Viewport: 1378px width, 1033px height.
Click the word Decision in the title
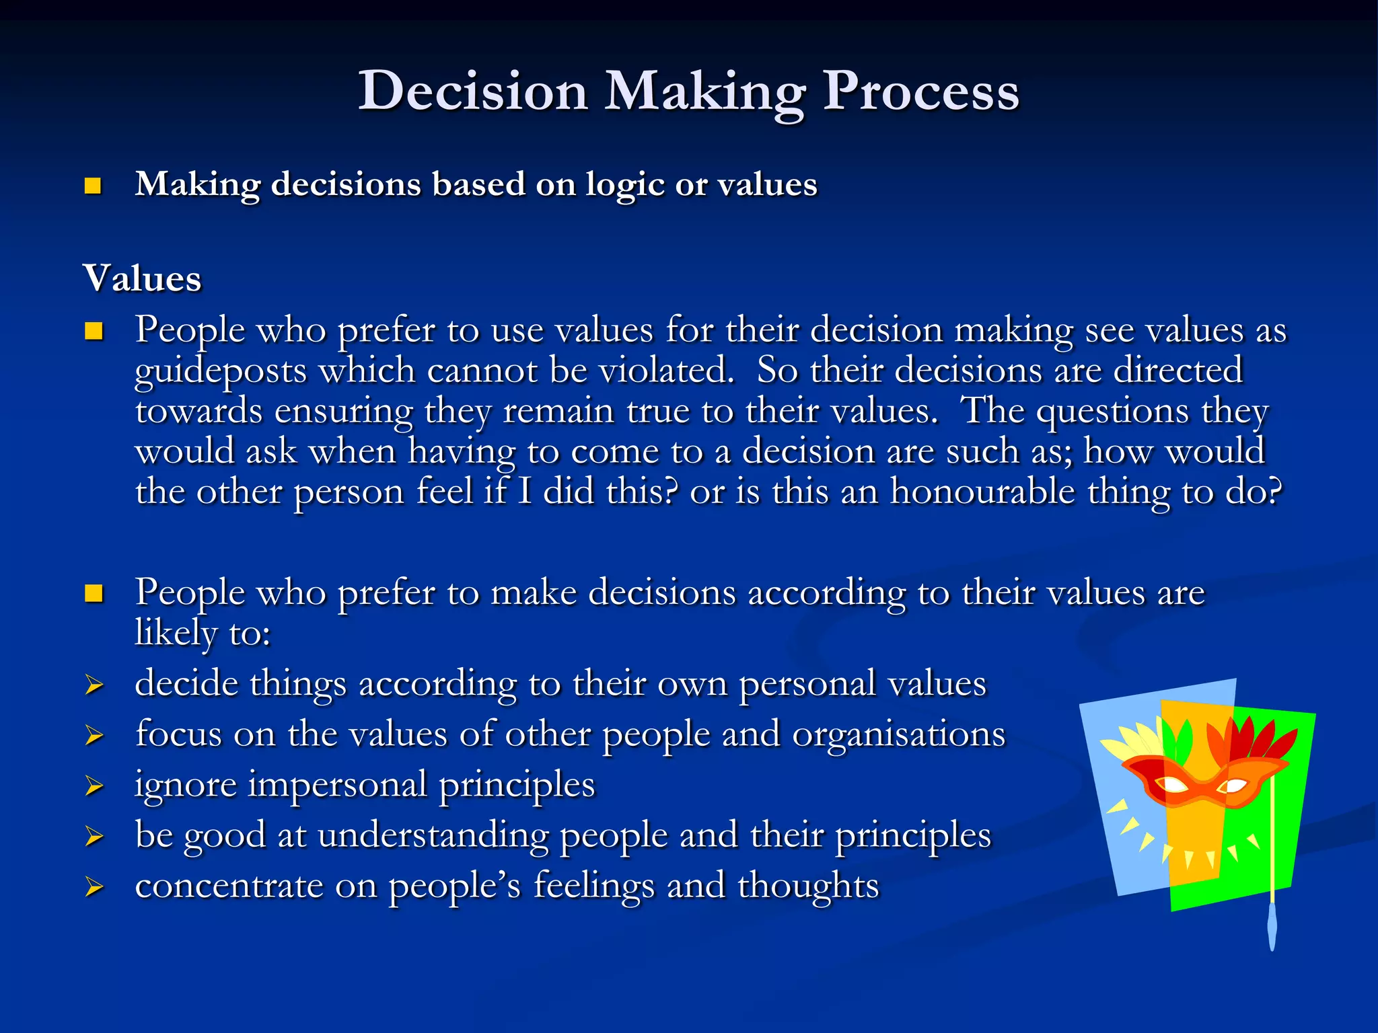473,91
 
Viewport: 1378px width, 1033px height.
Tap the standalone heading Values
142,278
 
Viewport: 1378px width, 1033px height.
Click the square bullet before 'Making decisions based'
93,186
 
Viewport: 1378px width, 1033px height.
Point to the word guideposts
220,371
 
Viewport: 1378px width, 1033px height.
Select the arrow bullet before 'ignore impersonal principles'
94,786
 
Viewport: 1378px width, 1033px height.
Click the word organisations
898,734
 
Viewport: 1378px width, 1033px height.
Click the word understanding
433,836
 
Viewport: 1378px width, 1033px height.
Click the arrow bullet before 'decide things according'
94,685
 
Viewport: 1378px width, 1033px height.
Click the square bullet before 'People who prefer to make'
94,593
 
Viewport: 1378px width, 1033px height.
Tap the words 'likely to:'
203,634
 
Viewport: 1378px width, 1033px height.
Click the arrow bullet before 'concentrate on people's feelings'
94,888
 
